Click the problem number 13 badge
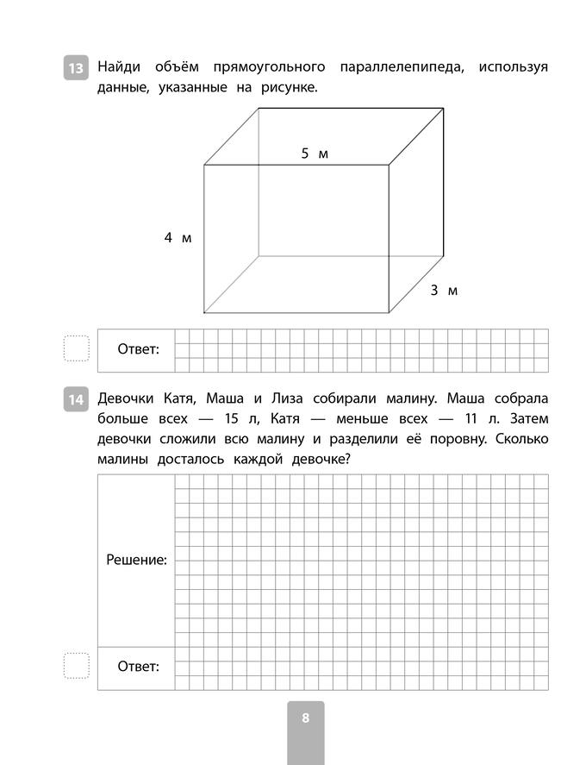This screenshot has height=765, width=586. (x=76, y=67)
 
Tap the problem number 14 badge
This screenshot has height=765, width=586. (x=76, y=399)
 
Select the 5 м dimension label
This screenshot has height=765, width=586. (x=315, y=154)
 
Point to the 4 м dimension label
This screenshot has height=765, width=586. (x=178, y=238)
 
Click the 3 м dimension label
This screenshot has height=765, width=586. (x=444, y=291)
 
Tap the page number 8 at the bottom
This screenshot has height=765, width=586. (x=305, y=718)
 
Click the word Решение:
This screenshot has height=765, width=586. (x=136, y=560)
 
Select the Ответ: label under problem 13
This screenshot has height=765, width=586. (x=138, y=349)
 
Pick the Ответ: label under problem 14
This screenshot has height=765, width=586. (x=138, y=667)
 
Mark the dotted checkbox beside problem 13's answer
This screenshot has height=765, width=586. (x=77, y=348)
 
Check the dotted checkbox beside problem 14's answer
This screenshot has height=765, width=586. (x=77, y=666)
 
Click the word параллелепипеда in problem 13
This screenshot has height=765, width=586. (x=402, y=66)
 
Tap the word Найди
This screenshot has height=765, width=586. (x=121, y=66)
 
